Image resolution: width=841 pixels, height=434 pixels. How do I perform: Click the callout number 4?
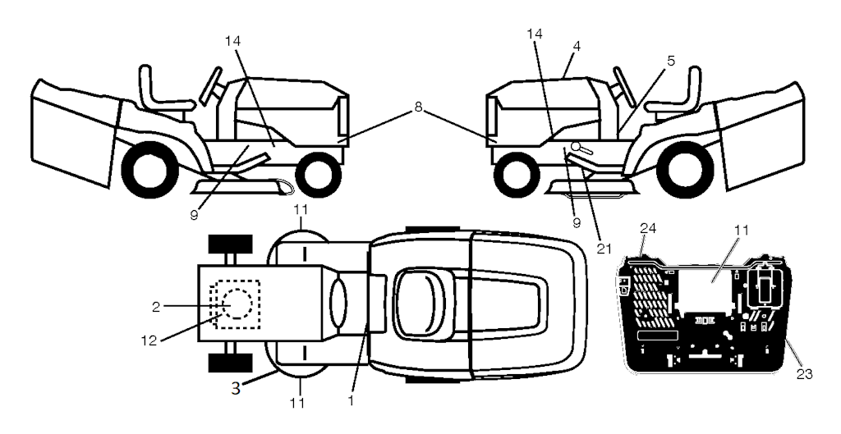[577, 46]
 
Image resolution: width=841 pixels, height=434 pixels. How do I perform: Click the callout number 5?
[671, 61]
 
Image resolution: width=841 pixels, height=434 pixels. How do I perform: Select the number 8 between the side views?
[418, 107]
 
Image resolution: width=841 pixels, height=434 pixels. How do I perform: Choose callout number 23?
[805, 374]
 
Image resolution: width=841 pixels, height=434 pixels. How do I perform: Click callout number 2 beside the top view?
[155, 307]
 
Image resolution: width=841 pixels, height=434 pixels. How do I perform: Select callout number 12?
[149, 340]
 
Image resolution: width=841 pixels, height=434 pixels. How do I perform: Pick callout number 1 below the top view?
[351, 400]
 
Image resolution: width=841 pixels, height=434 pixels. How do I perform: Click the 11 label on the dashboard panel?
[742, 231]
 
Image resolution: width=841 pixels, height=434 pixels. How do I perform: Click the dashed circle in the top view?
[233, 304]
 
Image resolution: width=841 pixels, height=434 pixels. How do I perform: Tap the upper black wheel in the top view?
[230, 244]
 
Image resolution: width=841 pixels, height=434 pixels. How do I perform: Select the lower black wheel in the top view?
[230, 363]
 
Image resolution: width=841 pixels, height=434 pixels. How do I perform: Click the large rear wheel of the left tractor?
[149, 169]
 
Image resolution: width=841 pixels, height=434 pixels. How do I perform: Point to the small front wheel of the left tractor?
[318, 175]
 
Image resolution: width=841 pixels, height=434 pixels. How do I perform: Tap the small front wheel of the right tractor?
[517, 175]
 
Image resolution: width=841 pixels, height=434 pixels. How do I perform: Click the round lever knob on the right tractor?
[576, 146]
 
